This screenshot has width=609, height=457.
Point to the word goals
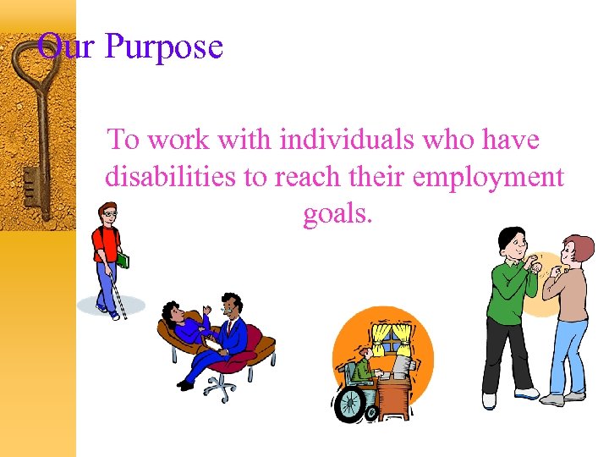click(337, 215)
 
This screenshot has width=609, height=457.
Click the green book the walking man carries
click(123, 260)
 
